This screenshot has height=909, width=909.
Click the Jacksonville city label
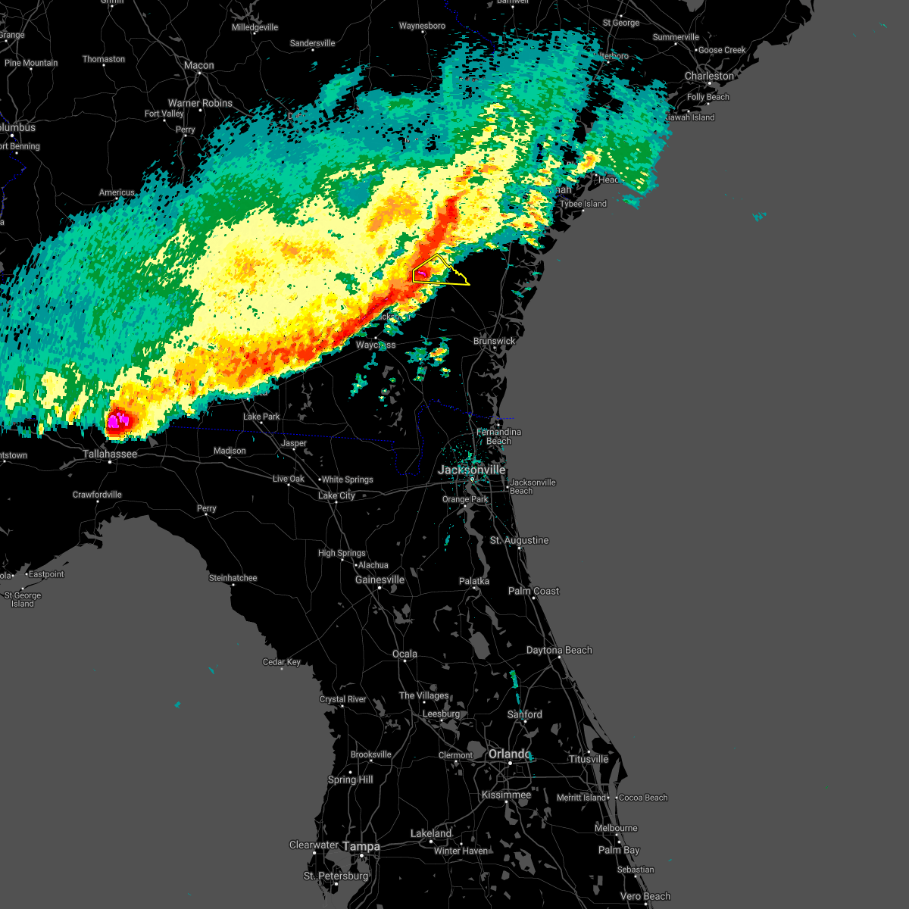471,470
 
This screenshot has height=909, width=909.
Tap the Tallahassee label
110,454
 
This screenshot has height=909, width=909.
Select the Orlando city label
509,754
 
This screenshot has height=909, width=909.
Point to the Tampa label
361,846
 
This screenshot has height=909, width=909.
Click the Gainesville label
380,580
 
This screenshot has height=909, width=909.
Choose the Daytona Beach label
559,651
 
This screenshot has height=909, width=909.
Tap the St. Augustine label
519,541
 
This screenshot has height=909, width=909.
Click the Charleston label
709,77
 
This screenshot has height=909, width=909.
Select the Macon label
199,66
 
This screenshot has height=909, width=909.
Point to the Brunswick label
494,342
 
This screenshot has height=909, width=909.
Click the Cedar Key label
282,662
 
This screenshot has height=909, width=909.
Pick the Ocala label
405,654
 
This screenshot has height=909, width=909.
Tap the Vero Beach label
645,897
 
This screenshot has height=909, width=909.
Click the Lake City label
336,496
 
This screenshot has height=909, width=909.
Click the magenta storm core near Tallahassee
117,420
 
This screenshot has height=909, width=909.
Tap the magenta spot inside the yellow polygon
423,273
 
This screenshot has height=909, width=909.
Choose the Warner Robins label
200,104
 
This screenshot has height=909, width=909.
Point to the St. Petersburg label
336,876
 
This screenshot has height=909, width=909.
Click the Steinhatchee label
233,579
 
